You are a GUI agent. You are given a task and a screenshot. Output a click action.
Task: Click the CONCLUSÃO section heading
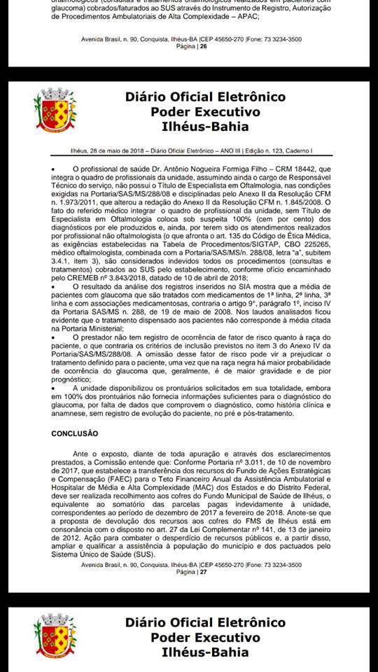[74, 434]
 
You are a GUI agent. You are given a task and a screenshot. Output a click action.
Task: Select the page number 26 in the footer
[203, 47]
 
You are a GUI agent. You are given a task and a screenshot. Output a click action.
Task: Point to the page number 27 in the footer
[203, 572]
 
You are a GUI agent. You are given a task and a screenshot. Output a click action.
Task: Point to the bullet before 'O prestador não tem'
[54, 338]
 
